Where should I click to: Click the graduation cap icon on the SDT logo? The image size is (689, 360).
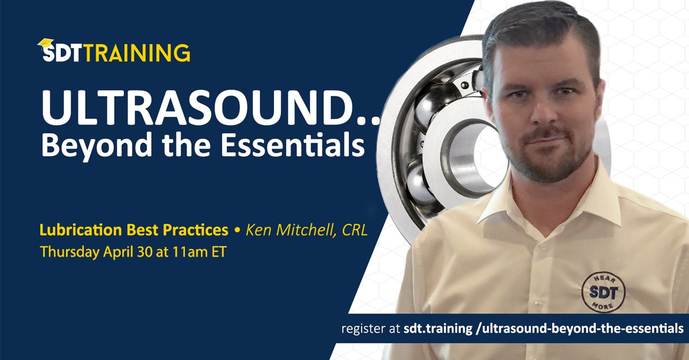[x=45, y=44]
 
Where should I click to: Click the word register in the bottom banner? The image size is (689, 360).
[x=360, y=329]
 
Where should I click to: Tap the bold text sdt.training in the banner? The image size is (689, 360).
[x=430, y=329]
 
